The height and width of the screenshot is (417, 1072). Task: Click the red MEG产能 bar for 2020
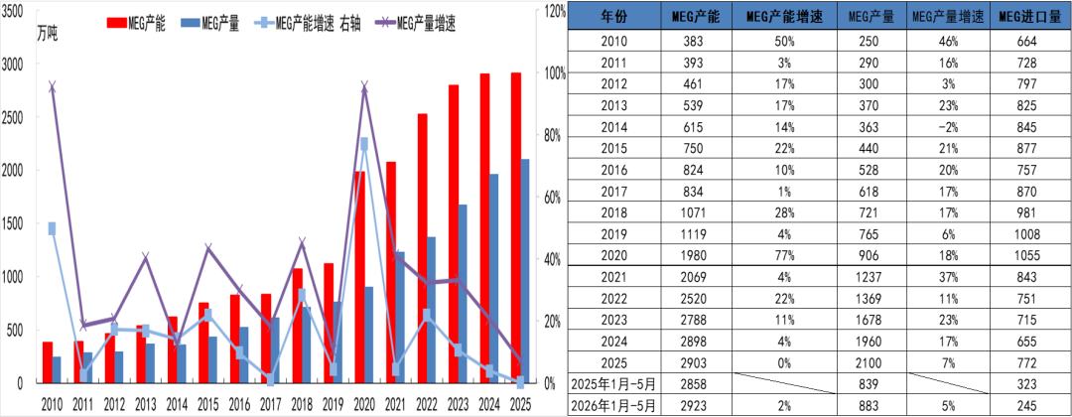tap(359, 277)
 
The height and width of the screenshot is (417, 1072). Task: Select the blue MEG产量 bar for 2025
tap(525, 271)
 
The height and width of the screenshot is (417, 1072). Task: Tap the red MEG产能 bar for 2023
tap(454, 233)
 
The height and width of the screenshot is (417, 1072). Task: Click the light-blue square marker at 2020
tap(363, 144)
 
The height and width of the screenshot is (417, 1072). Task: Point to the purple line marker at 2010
tap(52, 86)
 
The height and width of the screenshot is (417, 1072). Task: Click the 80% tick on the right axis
tap(551, 135)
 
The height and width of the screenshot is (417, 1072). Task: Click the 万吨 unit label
tap(48, 34)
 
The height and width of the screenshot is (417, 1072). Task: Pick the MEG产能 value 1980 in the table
tap(696, 256)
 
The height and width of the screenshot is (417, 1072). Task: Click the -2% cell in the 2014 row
tap(948, 127)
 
